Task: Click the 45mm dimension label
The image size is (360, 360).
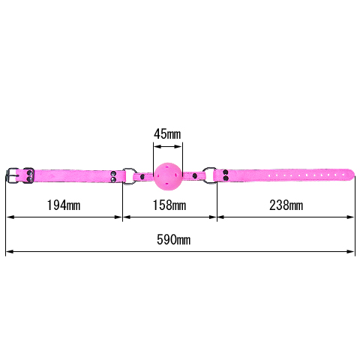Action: coord(167,134)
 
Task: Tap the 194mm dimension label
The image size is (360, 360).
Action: coord(64,205)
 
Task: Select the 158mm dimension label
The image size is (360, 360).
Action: coord(169,205)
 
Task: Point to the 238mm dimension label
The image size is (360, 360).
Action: coord(286,205)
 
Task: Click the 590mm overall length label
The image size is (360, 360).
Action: coord(173,240)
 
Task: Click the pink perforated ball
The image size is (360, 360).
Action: coord(167,176)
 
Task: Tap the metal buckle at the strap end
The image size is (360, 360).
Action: coord(12,175)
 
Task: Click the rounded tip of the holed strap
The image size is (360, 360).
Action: coord(352,174)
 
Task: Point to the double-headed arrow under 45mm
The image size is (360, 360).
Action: coord(167,146)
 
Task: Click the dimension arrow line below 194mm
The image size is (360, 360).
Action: coord(64,217)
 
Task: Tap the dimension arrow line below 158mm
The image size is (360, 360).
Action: coord(169,217)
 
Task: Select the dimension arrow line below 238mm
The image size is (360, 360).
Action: coord(286,217)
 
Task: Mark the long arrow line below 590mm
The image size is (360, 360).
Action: coord(180,251)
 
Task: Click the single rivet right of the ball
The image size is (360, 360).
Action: coord(195,175)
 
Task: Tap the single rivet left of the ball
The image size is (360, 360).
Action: coord(142,177)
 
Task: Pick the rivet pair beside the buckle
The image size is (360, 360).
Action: coord(30,175)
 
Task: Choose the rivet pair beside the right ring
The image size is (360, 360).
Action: coord(226,175)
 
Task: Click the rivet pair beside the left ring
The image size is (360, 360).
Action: coord(113,176)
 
